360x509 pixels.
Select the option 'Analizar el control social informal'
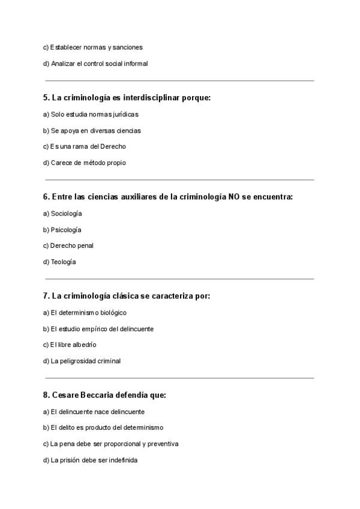click(95, 63)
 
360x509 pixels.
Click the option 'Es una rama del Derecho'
click(84, 146)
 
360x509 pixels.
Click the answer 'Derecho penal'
click(68, 245)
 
